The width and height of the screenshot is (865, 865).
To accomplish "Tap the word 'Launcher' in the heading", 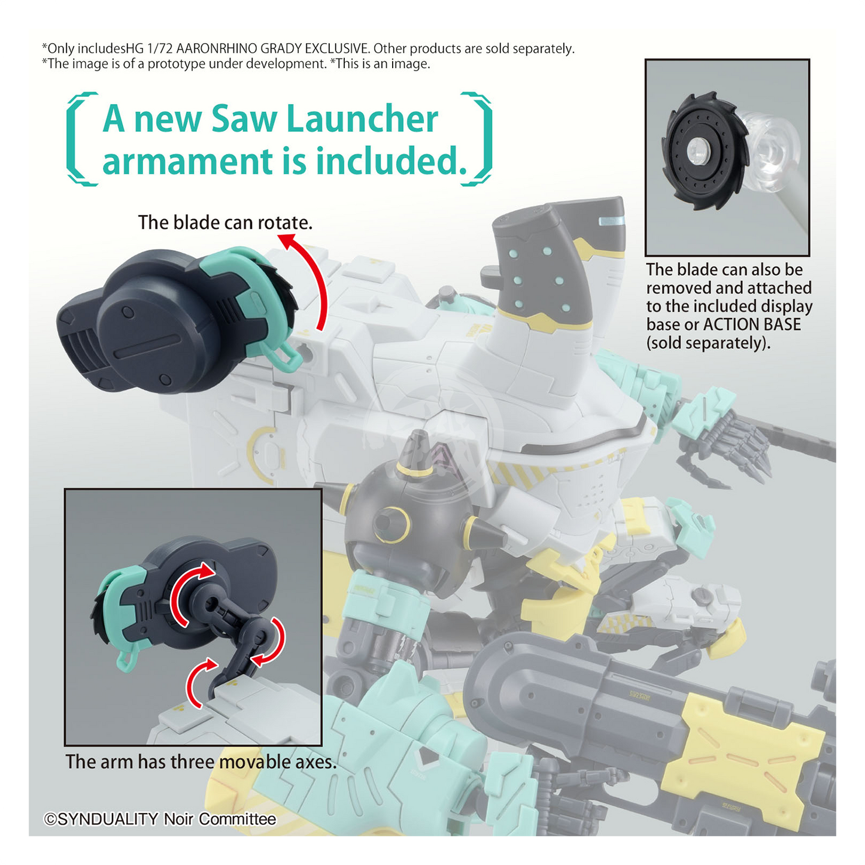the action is pyautogui.click(x=362, y=119).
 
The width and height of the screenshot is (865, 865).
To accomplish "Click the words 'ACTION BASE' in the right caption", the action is pyautogui.click(x=752, y=324).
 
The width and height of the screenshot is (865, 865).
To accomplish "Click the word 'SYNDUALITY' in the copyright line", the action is pyautogui.click(x=108, y=820).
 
